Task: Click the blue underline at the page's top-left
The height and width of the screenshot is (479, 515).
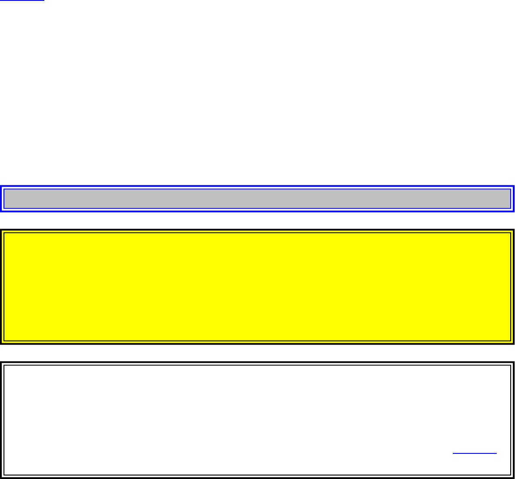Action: pyautogui.click(x=22, y=0)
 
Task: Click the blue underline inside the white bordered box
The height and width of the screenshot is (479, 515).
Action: pyautogui.click(x=475, y=453)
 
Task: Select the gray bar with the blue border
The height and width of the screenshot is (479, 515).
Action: pyautogui.click(x=257, y=199)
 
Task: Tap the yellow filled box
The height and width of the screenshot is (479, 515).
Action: pyautogui.click(x=257, y=287)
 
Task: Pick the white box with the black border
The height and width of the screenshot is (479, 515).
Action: pyautogui.click(x=257, y=420)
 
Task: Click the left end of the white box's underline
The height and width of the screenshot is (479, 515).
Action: pyautogui.click(x=453, y=453)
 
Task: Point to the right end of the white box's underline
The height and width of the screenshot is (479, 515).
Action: pyautogui.click(x=497, y=453)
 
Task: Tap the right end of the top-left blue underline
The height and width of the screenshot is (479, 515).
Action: pyautogui.click(x=44, y=0)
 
